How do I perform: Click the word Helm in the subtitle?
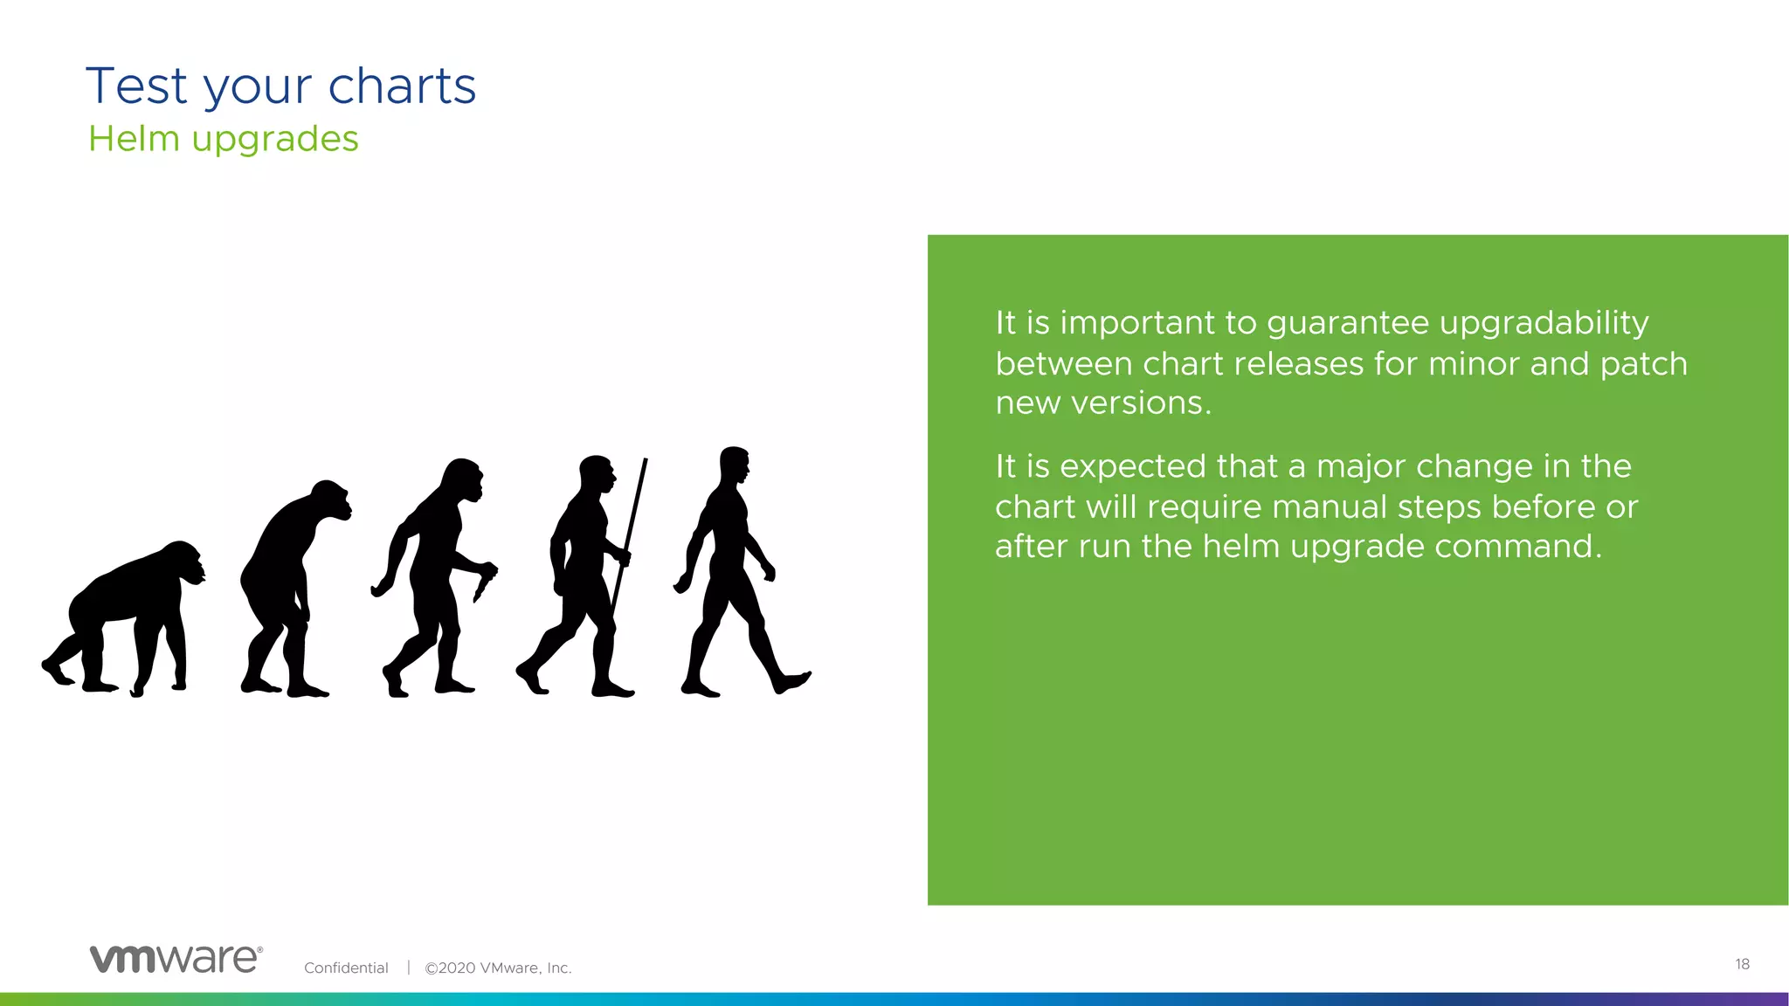pos(134,139)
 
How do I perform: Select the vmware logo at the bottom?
pos(176,958)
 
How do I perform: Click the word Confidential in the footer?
pos(346,968)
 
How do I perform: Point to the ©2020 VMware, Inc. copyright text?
pos(498,968)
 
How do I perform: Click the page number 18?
pos(1742,964)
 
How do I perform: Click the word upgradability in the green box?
pos(1544,324)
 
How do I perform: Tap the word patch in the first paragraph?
pos(1643,364)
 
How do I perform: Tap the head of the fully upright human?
pos(734,465)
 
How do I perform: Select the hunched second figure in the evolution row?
pos(288,585)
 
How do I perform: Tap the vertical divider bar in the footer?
pos(408,968)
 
